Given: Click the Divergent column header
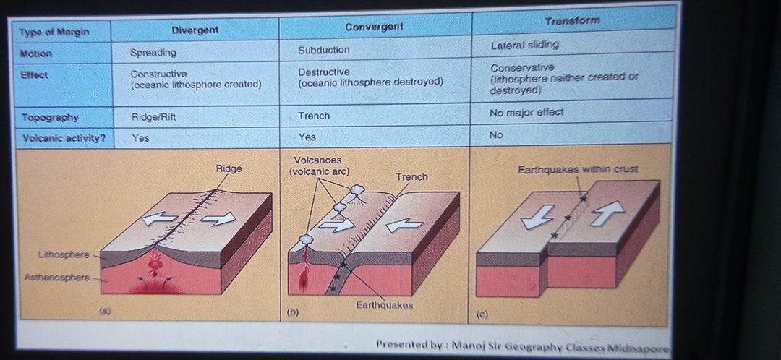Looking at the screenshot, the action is [x=195, y=30].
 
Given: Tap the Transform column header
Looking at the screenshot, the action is [x=572, y=21].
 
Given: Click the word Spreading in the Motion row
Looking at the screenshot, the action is [x=153, y=52].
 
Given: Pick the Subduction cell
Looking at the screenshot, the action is [x=324, y=50].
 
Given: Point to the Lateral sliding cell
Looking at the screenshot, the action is [x=524, y=45].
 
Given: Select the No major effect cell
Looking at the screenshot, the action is [x=526, y=113].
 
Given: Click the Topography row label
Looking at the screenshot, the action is [x=50, y=118].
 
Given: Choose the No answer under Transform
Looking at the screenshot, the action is [x=496, y=135].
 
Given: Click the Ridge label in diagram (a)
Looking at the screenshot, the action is [x=229, y=169].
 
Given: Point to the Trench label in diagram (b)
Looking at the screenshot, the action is [x=412, y=177].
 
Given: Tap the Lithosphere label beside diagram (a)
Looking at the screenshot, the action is [x=64, y=255].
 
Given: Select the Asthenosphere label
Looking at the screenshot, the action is [x=57, y=278].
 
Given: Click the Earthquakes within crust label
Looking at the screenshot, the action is [x=578, y=169].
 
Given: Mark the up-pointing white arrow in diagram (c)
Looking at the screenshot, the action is [x=607, y=213].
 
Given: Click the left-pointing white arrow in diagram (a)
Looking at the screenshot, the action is [x=159, y=218].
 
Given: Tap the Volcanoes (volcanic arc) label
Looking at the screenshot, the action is [x=320, y=166].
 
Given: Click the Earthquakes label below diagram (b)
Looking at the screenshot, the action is [x=384, y=305].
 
